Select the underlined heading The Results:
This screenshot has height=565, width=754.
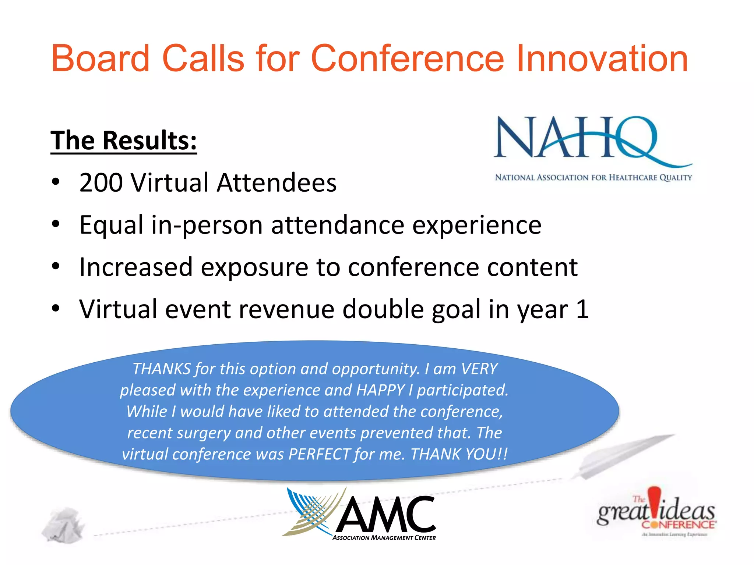click(x=124, y=141)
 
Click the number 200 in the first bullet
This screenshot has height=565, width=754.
click(x=101, y=182)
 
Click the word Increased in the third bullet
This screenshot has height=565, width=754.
click(x=136, y=267)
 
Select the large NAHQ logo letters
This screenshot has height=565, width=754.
click(x=574, y=138)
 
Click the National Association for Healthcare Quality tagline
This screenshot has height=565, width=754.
click(x=593, y=178)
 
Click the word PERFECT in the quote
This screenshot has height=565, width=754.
click(x=319, y=454)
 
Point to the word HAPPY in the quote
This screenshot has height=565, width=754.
click(x=380, y=390)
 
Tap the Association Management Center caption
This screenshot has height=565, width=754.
click(x=384, y=538)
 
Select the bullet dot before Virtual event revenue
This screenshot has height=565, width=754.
click(x=55, y=308)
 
